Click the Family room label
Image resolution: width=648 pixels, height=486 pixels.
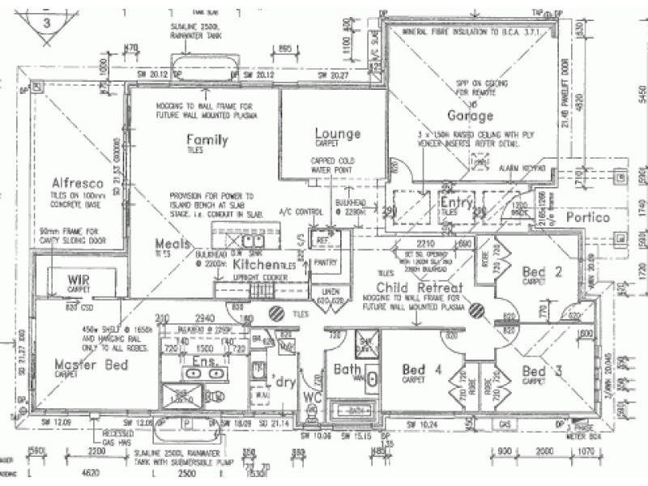[207, 140]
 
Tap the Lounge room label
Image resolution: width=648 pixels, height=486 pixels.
[337, 134]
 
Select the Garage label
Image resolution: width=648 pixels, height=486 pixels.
[470, 116]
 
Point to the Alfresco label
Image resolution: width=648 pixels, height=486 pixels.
[75, 182]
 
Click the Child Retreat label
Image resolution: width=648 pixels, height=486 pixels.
[419, 288]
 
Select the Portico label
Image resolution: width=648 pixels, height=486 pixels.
[587, 218]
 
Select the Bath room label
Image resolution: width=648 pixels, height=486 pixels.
[348, 370]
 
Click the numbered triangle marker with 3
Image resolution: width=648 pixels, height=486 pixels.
[46, 23]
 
